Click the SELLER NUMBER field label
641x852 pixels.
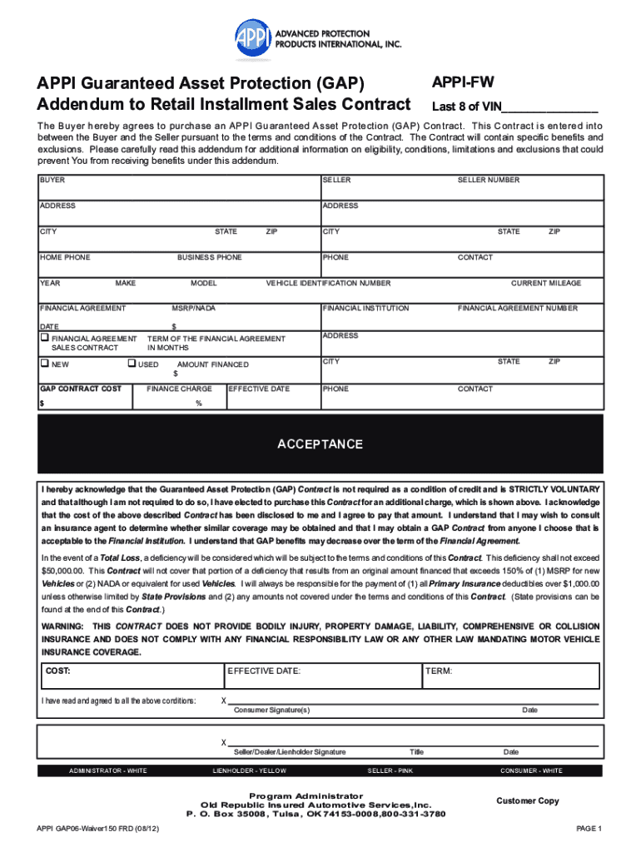(x=488, y=180)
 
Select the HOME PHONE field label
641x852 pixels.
(x=65, y=257)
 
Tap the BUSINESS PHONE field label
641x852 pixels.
(x=209, y=257)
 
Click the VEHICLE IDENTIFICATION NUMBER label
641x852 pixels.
(x=328, y=283)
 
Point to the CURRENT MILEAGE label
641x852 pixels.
(x=546, y=283)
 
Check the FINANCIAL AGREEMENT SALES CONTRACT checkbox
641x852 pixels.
(x=45, y=339)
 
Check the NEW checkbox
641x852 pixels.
(x=45, y=364)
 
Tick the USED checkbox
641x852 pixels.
(x=132, y=364)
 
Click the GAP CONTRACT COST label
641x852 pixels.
(x=81, y=389)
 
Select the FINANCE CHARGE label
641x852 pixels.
(x=179, y=389)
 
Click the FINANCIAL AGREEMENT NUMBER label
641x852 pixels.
(x=517, y=308)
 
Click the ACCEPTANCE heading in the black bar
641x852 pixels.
(x=320, y=444)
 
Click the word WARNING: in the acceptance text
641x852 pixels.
(x=62, y=626)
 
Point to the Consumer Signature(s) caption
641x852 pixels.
(x=271, y=710)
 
